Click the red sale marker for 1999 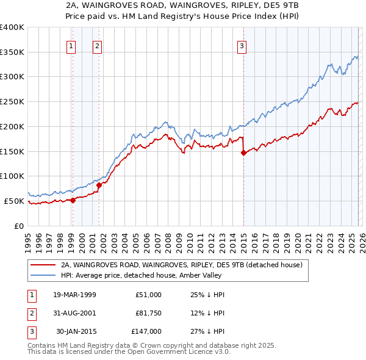73,200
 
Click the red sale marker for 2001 99,184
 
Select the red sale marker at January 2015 243,153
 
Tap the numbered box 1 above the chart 71,45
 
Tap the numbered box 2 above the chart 98,45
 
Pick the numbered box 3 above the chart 242,45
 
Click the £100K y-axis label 12,176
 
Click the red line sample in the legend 43,265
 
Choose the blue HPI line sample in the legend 43,275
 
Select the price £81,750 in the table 148,313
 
